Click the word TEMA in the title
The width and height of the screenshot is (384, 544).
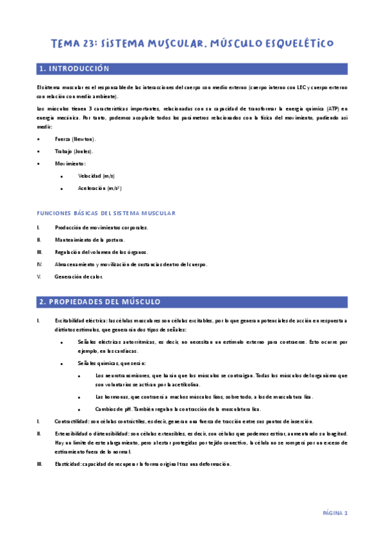click(65, 44)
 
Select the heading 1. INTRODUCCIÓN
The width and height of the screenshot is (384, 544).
click(74, 69)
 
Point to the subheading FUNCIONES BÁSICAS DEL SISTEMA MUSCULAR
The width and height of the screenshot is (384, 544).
click(106, 212)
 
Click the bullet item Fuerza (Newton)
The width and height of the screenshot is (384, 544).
click(76, 139)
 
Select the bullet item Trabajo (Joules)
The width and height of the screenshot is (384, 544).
click(74, 151)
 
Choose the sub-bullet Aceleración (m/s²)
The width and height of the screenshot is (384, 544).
click(100, 189)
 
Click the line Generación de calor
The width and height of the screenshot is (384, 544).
click(79, 276)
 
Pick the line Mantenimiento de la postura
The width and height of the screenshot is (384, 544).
click(90, 240)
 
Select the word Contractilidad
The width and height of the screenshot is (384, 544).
click(72, 421)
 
